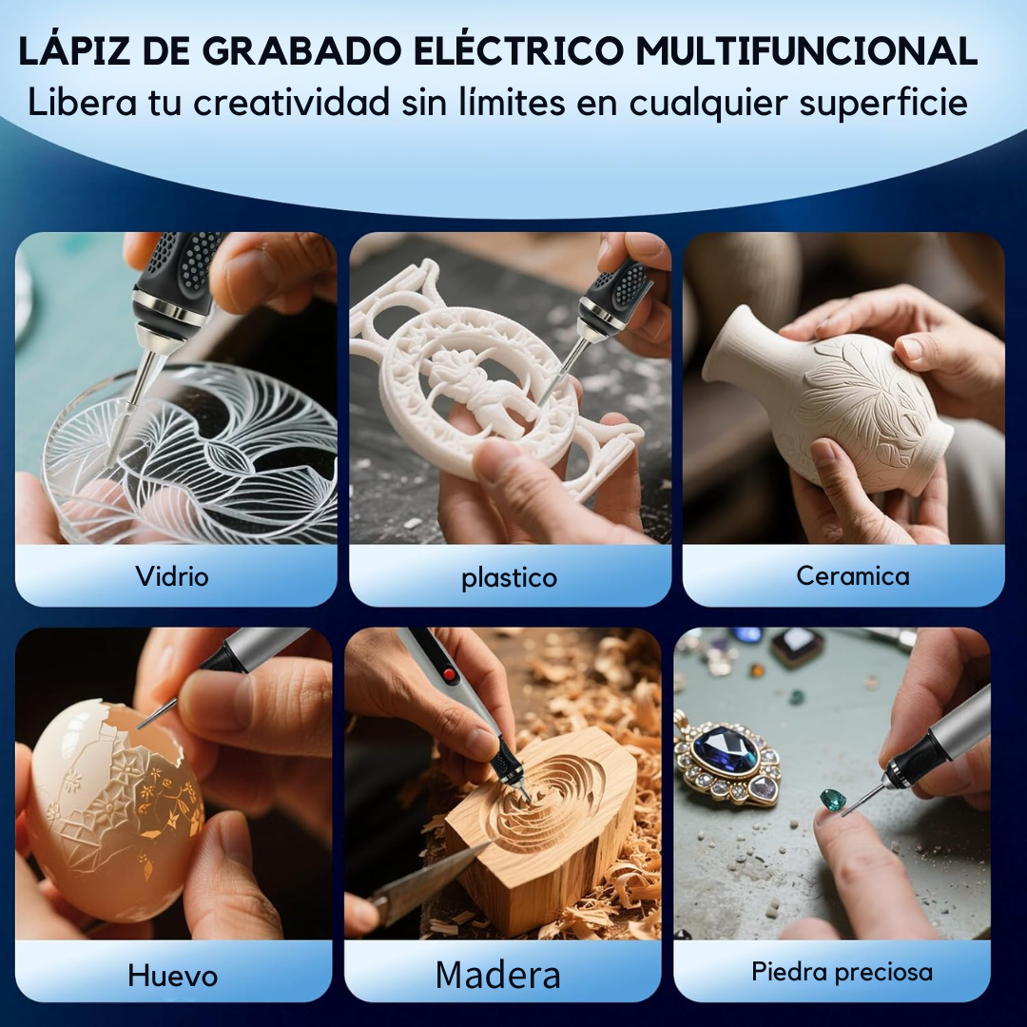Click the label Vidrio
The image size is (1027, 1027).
coord(172,576)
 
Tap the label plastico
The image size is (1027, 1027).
coord(510,578)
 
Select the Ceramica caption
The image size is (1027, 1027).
coord(853,575)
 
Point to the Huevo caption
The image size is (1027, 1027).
coord(172,976)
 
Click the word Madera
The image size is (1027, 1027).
coord(497,975)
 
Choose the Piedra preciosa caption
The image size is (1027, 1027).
coord(842,972)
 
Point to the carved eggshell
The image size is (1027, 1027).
coord(114,808)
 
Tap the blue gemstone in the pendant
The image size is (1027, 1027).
coord(725,750)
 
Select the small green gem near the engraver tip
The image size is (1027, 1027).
coord(833,798)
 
